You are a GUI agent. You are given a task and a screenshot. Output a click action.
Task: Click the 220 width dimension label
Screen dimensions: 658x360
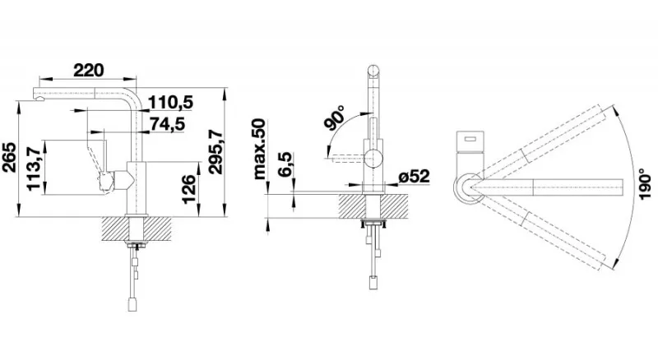pyautogui.click(x=88, y=70)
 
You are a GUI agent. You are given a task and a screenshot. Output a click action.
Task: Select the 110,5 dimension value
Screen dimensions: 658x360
pyautogui.click(x=171, y=102)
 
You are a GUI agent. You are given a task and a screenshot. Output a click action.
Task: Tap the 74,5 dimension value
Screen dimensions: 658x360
pyautogui.click(x=168, y=124)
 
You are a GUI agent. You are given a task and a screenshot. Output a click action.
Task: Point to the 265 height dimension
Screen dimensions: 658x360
pyautogui.click(x=9, y=157)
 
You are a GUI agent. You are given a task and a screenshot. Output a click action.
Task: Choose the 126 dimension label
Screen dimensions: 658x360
pyautogui.click(x=189, y=189)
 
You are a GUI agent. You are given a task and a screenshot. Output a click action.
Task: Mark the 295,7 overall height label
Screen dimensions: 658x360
pyautogui.click(x=216, y=151)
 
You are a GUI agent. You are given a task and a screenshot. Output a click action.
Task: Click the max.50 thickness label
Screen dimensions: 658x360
pyautogui.click(x=260, y=149)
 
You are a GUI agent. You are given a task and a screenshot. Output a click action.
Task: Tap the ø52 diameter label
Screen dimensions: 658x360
pyautogui.click(x=415, y=177)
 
